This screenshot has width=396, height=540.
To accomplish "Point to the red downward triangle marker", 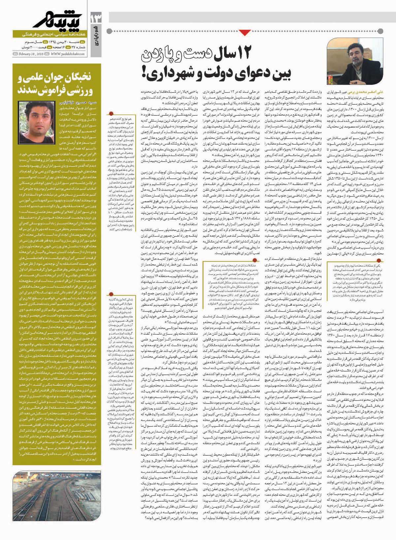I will [x=245, y=32].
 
